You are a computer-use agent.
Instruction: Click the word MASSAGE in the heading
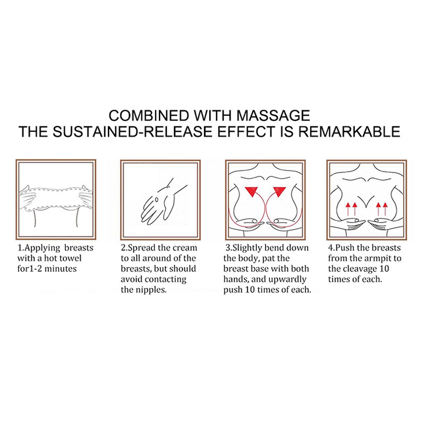[273, 115]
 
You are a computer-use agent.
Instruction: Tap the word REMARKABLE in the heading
[349, 131]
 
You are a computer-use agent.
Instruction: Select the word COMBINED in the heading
[149, 115]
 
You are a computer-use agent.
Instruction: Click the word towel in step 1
[70, 258]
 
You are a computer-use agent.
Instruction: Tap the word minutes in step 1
[61, 269]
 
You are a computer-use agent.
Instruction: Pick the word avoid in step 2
[129, 279]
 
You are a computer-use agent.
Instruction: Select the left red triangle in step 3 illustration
[252, 191]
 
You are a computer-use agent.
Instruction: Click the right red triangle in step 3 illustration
[279, 191]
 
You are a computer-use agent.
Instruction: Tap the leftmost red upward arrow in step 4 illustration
[348, 209]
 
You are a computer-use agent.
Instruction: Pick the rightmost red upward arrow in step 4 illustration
[385, 209]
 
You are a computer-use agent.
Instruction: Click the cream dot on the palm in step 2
[157, 200]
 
